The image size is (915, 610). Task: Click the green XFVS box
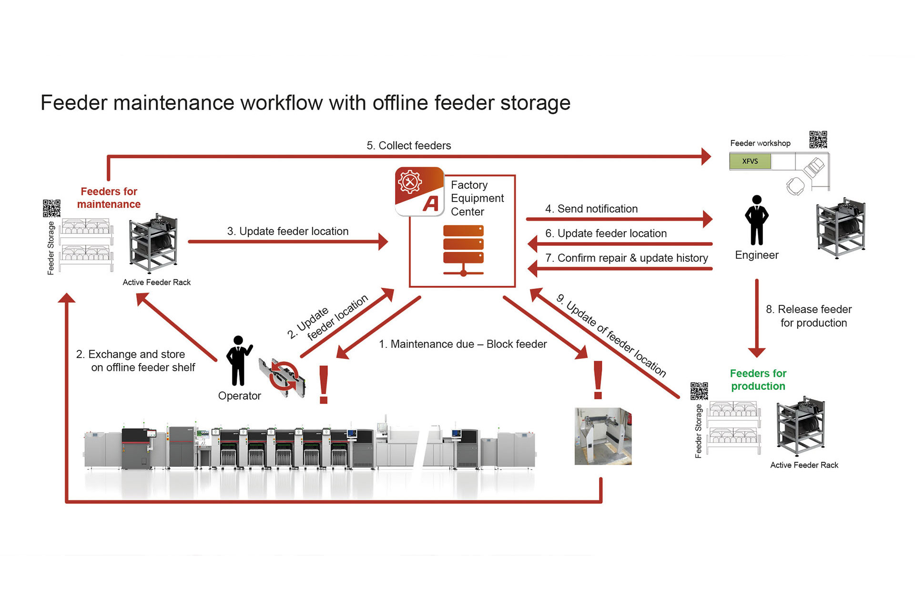pos(750,161)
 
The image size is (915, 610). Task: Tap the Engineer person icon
pos(756,220)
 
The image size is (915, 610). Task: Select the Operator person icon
pos(238,360)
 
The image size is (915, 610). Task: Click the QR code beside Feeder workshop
pos(818,140)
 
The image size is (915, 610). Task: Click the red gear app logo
pos(419,191)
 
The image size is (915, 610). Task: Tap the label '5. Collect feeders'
pos(408,145)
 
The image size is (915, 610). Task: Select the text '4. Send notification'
pos(591,209)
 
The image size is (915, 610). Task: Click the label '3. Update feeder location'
pos(287,231)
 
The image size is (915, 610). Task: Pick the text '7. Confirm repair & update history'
pos(626,258)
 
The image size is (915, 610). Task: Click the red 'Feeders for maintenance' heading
pos(109,198)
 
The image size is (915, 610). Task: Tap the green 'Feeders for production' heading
pos(758,380)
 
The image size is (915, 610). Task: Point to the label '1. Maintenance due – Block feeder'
pos(462,344)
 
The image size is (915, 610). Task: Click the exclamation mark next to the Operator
pos(324,385)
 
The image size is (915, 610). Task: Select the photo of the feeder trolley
pos(603,436)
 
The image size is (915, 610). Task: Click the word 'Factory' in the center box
pos(469,185)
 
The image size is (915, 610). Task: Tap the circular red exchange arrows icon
pos(284,376)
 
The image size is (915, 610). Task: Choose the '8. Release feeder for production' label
pos(809,316)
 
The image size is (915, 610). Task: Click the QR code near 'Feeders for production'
pos(699,391)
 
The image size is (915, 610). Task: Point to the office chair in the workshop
pos(795,185)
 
